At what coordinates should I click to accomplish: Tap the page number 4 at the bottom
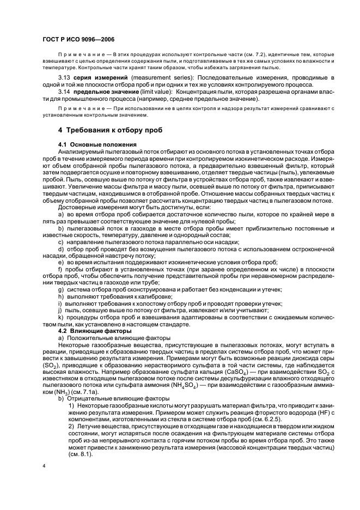click(44, 466)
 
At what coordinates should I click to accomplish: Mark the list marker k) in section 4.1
click(61, 317)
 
